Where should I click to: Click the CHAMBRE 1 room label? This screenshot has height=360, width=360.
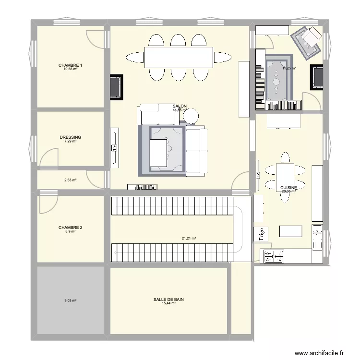(x=71, y=65)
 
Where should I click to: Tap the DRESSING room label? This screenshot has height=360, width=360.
(x=71, y=137)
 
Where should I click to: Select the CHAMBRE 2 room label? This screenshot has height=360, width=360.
(x=71, y=228)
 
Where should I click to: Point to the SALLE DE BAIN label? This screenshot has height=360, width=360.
(x=168, y=300)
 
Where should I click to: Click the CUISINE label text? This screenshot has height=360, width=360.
(x=289, y=188)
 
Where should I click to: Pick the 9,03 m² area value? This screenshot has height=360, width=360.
(x=71, y=301)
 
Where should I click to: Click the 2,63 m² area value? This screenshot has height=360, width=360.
(x=71, y=180)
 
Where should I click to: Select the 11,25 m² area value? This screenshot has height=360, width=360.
(x=289, y=68)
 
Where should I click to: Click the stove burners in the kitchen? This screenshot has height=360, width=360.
(x=273, y=257)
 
